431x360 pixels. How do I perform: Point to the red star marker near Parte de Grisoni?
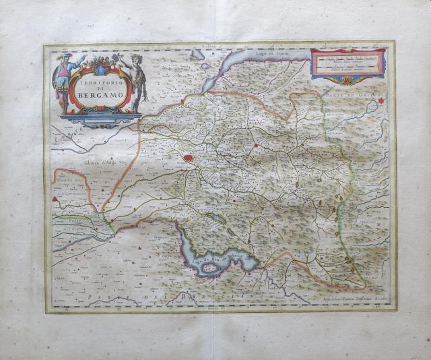[381, 101]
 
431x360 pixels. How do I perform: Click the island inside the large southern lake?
[209, 268]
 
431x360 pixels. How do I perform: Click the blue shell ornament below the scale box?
[347, 81]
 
